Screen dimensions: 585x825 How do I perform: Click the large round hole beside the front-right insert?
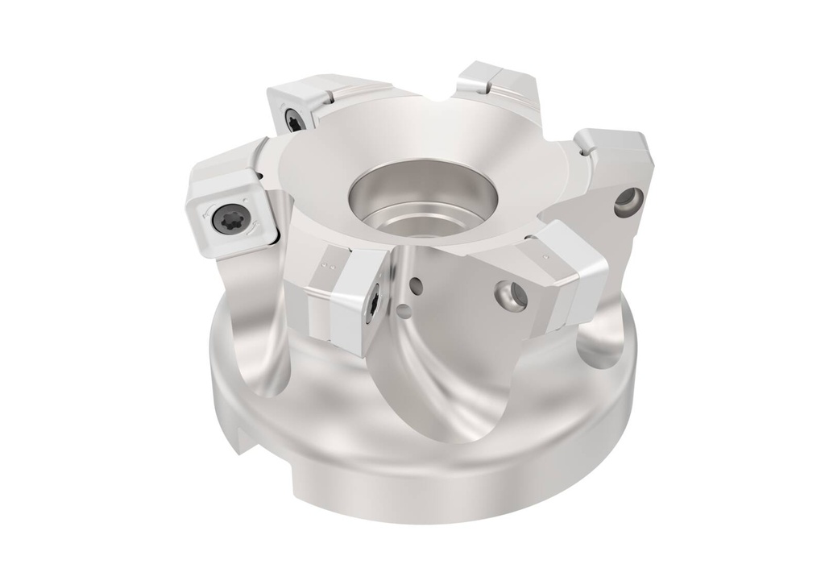pyautogui.click(x=509, y=294)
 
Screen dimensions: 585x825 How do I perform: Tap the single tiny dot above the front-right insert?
pyautogui.click(x=546, y=257)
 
